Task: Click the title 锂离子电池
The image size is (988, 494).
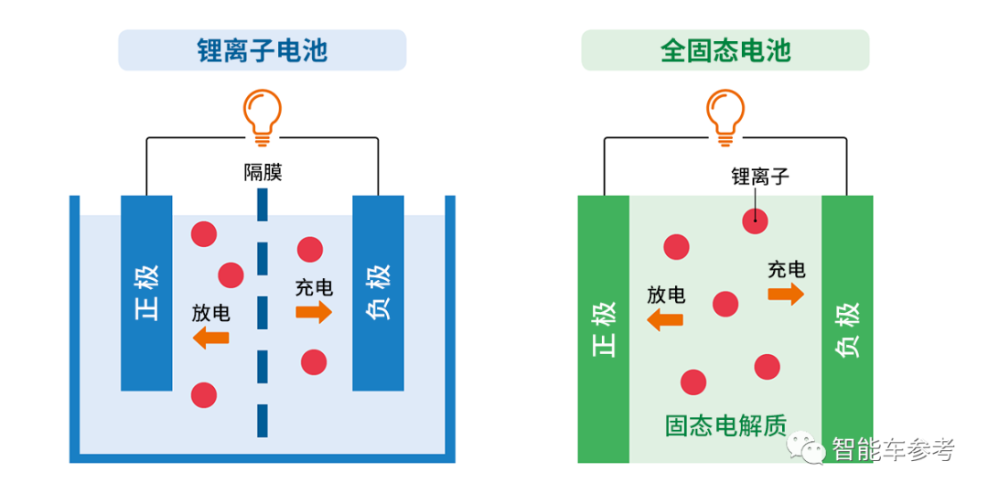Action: pos(262,50)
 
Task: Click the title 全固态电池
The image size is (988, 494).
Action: pos(725,50)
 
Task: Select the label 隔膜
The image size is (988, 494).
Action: pos(263,172)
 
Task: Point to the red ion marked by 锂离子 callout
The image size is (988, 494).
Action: pos(755,219)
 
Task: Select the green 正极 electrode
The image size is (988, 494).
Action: pos(604,329)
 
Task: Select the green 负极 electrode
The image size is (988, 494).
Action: pos(847,329)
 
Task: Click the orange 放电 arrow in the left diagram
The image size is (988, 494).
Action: pos(210,338)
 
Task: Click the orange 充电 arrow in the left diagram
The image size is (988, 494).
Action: pos(314,312)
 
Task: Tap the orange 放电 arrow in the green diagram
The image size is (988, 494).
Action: pos(665,319)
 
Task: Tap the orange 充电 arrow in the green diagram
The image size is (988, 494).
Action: pos(786,294)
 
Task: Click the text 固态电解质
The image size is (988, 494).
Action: pos(725,425)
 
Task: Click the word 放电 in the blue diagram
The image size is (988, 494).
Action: pos(210,313)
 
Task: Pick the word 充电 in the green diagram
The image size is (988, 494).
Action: pos(786,269)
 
